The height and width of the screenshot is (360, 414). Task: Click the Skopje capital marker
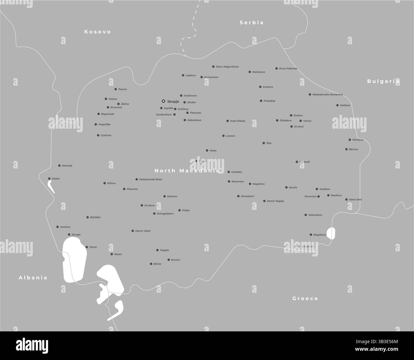(x=163, y=101)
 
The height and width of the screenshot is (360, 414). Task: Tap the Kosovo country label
(x=97, y=32)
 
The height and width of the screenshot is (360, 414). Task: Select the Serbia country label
(x=252, y=23)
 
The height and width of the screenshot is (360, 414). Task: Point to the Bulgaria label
(x=383, y=81)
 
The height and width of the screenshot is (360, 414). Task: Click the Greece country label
(x=305, y=299)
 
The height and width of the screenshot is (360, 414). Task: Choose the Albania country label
(x=33, y=277)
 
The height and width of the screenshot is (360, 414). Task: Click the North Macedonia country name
(x=187, y=171)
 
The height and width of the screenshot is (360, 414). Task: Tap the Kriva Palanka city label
(x=288, y=68)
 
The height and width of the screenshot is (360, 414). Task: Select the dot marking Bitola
(x=151, y=264)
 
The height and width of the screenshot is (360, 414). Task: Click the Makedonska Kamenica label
(x=328, y=95)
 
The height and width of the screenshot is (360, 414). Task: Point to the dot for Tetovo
(x=106, y=99)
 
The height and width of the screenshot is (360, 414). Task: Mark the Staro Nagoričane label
(x=227, y=67)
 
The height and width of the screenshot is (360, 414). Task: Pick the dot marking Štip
(x=264, y=143)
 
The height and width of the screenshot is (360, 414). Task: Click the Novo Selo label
(x=355, y=199)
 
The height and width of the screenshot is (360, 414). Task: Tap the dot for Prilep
(x=179, y=210)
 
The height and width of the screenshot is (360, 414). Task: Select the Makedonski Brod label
(x=151, y=179)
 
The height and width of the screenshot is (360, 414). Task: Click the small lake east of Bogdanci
(x=331, y=233)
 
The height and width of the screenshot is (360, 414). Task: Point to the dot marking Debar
(x=49, y=179)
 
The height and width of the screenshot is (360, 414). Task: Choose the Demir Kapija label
(x=275, y=201)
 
